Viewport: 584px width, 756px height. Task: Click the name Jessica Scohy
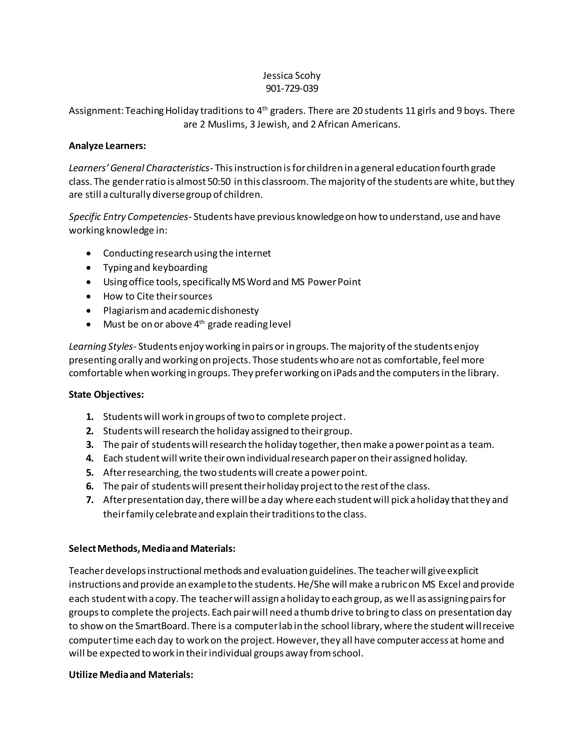point(292,76)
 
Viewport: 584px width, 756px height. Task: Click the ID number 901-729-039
point(292,89)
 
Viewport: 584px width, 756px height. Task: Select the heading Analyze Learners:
point(107,146)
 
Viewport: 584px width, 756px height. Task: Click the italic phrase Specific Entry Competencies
point(128,217)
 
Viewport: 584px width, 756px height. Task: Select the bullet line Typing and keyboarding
point(155,268)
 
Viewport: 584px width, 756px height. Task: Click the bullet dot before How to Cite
point(89,297)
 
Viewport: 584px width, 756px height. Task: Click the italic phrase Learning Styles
point(101,347)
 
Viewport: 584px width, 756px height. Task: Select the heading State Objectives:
point(106,395)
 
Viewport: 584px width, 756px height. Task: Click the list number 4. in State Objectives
point(90,458)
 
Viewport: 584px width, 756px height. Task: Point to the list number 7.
point(90,500)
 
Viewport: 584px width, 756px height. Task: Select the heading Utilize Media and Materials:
point(131,675)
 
